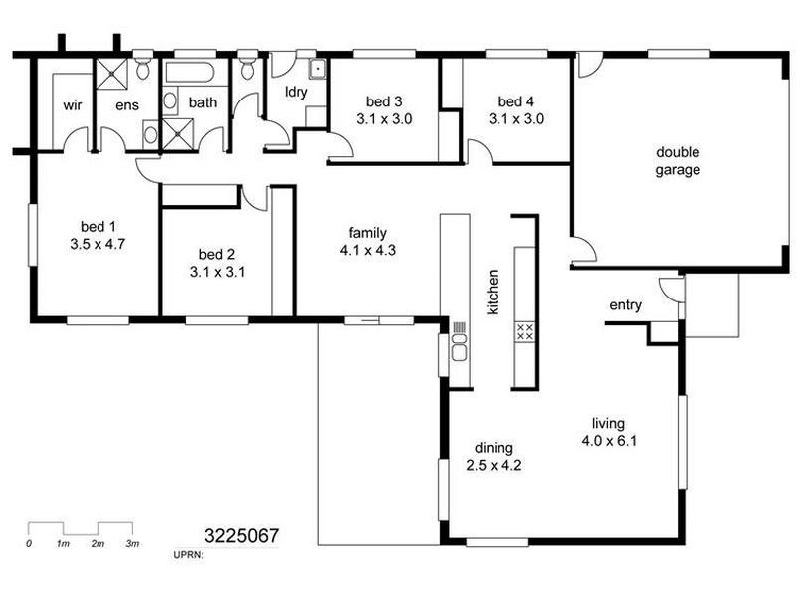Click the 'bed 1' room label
(98, 227)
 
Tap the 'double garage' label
(678, 161)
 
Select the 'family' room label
(367, 233)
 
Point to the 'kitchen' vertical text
(492, 292)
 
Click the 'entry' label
(626, 305)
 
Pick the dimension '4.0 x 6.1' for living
(609, 441)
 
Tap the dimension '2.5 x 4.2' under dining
(494, 465)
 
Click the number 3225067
(241, 536)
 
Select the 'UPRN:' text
(188, 555)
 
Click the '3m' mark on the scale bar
(132, 543)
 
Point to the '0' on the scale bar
(29, 543)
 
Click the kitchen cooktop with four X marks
(525, 331)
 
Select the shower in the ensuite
(111, 74)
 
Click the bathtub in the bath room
(189, 73)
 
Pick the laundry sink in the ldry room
(317, 69)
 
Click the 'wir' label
(72, 105)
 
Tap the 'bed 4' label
(515, 101)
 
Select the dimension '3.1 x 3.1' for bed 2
(217, 272)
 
